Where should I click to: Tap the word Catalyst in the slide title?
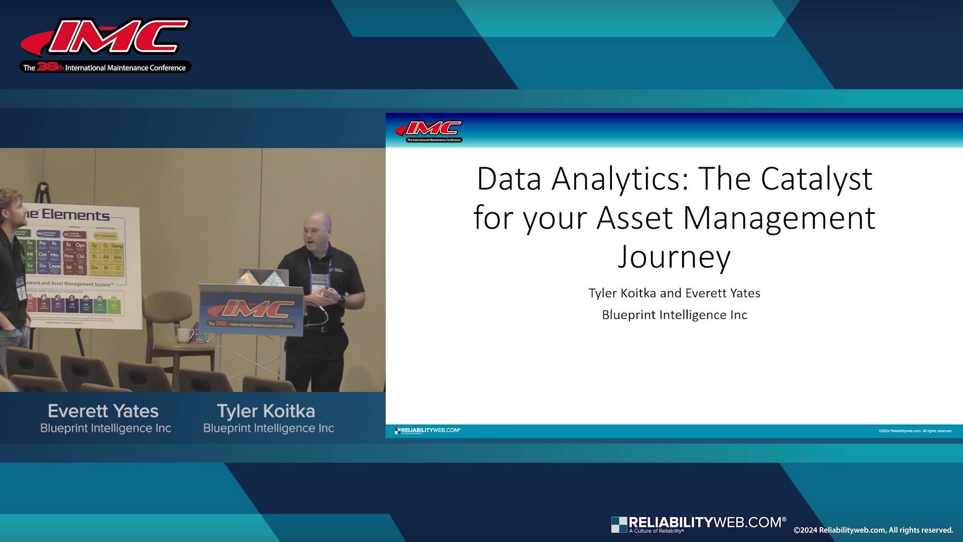tap(816, 179)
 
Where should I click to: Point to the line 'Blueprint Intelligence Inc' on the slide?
tap(674, 315)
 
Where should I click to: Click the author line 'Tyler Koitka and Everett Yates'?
tap(674, 293)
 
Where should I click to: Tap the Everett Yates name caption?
tap(103, 411)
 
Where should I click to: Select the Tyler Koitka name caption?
tap(266, 411)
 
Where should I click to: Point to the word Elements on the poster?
tap(75, 215)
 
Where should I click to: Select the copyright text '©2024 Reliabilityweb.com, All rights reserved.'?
tap(873, 530)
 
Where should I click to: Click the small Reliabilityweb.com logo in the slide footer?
tap(428, 431)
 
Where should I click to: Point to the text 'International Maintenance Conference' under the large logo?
tap(125, 68)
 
